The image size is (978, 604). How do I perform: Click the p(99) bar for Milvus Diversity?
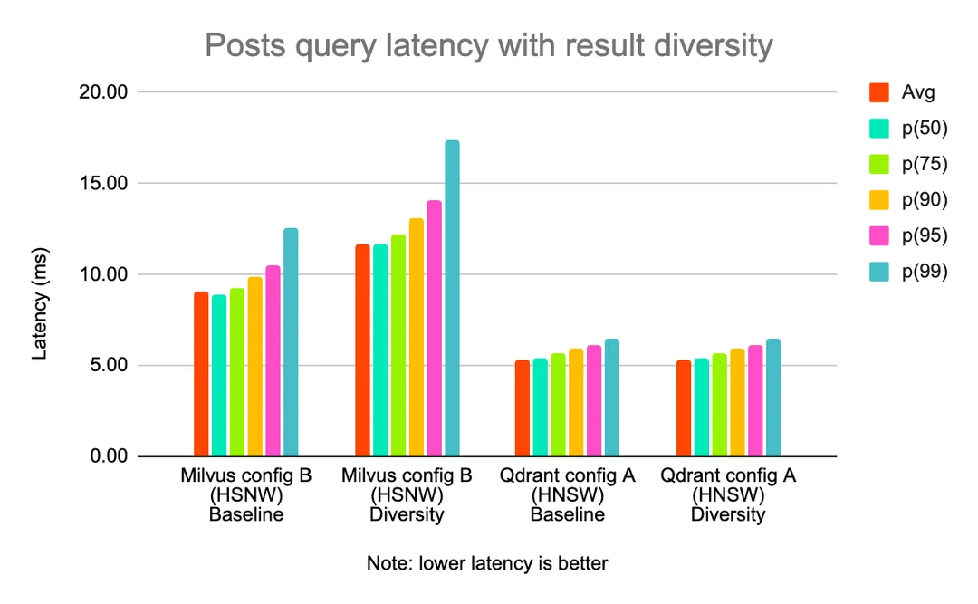(452, 298)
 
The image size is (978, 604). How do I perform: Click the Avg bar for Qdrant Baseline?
(523, 407)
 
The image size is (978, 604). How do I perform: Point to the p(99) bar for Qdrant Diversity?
(773, 398)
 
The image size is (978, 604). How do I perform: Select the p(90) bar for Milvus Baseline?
(254, 367)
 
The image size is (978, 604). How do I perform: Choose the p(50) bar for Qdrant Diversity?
(702, 407)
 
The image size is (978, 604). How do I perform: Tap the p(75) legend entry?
(924, 164)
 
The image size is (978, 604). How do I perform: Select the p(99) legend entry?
(924, 271)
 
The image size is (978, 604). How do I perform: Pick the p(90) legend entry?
(924, 199)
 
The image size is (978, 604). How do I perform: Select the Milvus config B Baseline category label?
(245, 495)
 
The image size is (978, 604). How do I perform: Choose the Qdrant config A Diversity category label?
(727, 495)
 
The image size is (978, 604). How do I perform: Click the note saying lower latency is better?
(487, 563)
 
